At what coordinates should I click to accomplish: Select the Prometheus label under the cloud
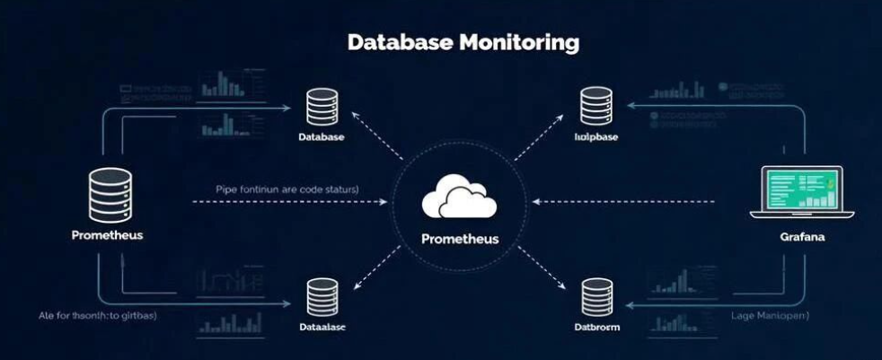point(459,240)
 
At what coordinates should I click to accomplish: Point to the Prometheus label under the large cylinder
point(107,235)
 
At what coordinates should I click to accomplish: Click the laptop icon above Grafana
point(802,192)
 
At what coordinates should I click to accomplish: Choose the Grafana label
point(803,238)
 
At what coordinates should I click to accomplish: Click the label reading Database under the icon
point(322,137)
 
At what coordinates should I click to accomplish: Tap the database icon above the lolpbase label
point(596,106)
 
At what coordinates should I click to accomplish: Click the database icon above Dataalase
point(322,297)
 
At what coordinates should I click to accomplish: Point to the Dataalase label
point(322,328)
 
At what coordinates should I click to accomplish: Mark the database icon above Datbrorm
point(596,297)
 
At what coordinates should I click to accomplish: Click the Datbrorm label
point(596,328)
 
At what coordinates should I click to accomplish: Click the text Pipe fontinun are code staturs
point(287,189)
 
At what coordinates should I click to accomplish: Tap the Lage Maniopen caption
point(771,315)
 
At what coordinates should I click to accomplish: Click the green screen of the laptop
point(802,189)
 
